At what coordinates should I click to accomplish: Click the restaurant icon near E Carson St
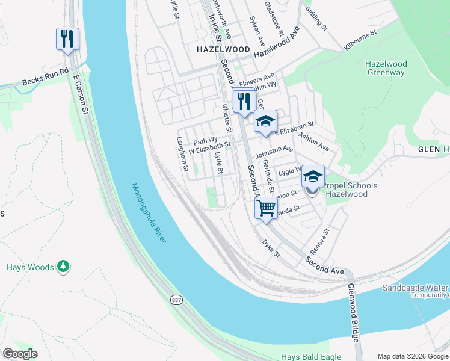coord(67,39)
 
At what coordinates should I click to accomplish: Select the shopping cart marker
coord(265,208)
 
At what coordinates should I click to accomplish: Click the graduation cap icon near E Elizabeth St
coord(265,121)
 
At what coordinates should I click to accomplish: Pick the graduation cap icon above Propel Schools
coord(312,176)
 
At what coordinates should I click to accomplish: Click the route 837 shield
coord(176,300)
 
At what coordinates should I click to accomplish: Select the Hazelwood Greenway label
coord(386,69)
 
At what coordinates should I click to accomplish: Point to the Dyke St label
coord(271,248)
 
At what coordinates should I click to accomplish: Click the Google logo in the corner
coord(20,354)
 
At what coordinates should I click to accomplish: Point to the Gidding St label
coord(316,19)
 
